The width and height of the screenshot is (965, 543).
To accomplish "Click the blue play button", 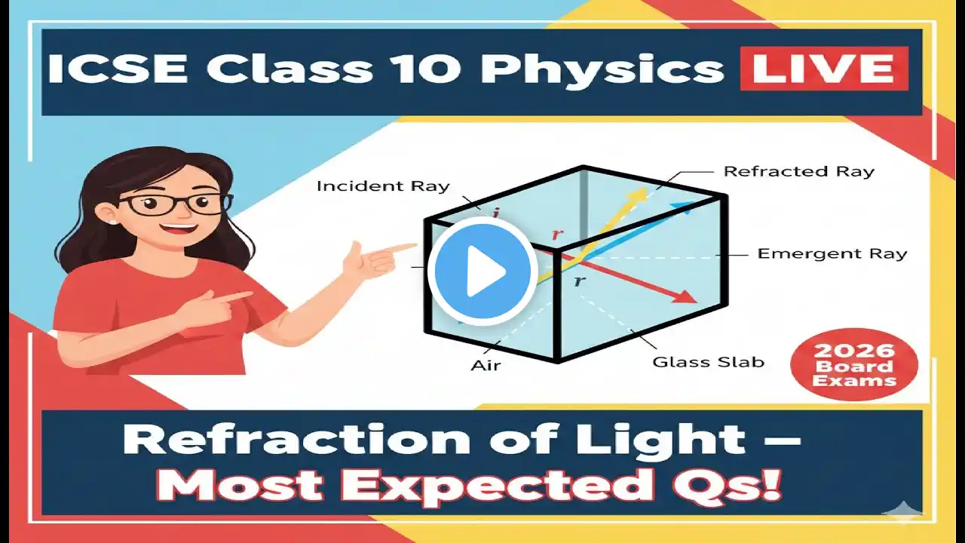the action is [x=482, y=271].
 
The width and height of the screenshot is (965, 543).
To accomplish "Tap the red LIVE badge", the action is [x=825, y=69].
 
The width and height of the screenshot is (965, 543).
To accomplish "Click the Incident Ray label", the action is [x=383, y=186].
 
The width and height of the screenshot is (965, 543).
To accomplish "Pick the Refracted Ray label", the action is [x=799, y=171].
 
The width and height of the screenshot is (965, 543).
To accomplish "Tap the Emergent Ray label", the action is [x=832, y=254].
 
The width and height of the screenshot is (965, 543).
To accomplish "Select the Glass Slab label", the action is [x=708, y=362].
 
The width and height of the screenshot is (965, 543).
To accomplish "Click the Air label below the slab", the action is [x=486, y=366].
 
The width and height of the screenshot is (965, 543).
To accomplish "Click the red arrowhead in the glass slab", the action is [x=686, y=296].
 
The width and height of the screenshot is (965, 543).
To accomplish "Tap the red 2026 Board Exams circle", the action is [x=854, y=364].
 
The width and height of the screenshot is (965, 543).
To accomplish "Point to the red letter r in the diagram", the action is [x=557, y=235].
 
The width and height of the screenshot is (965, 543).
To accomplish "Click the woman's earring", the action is [x=114, y=222].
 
